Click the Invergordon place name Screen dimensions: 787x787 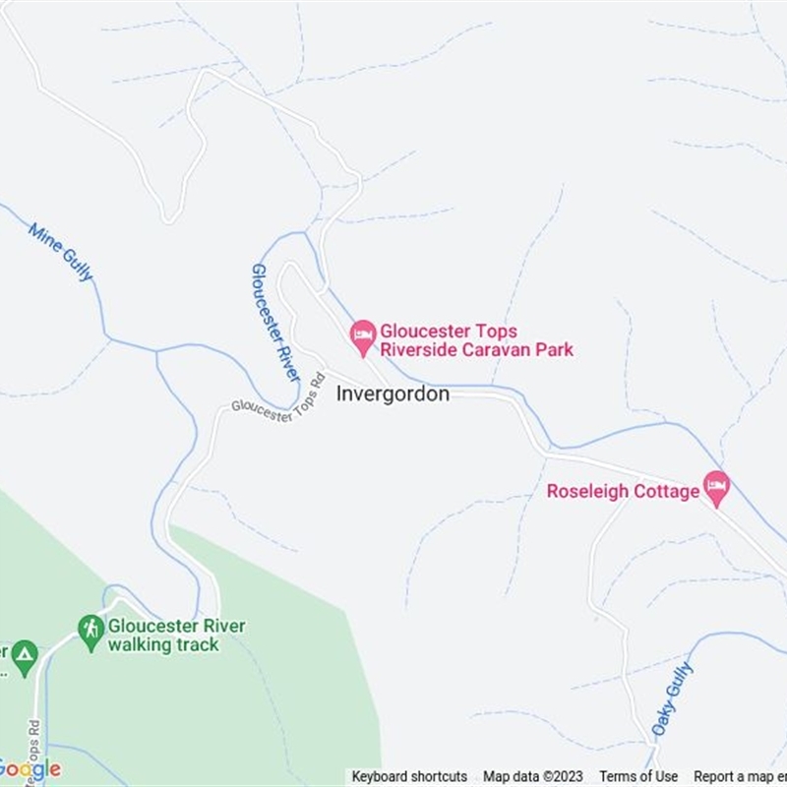393,393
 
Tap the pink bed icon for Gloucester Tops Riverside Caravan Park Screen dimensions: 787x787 363,335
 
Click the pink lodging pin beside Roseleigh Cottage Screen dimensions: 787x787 716,486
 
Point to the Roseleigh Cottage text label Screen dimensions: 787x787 623,491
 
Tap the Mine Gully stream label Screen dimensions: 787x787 61,252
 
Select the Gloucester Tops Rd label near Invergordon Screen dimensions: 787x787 277,398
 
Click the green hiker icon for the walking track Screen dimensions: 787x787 91,629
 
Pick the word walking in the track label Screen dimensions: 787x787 141,644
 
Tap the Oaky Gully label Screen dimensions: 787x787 672,698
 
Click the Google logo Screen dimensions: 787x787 30,768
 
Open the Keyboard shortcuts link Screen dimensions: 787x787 409,776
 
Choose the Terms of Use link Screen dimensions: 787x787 638,776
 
